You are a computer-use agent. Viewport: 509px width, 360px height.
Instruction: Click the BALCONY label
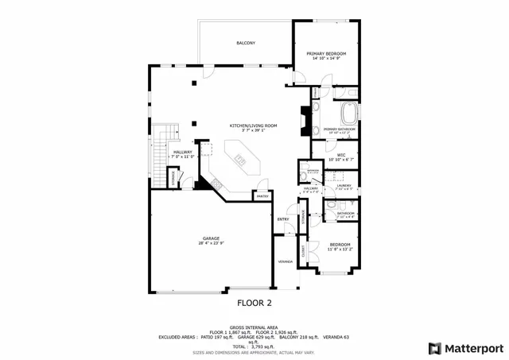click(246, 43)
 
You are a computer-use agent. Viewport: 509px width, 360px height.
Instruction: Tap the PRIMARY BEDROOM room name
click(326, 53)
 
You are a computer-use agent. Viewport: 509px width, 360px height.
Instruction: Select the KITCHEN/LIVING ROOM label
click(253, 126)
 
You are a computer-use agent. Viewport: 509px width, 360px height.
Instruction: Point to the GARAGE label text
click(211, 238)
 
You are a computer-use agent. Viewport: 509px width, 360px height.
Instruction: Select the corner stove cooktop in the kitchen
click(216, 184)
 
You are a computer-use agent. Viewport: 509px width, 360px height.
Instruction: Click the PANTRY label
click(262, 195)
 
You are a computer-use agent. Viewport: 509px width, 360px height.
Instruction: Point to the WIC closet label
click(340, 154)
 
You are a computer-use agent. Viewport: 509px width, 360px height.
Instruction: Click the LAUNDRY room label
click(344, 185)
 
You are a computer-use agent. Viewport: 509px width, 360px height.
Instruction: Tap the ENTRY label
click(282, 219)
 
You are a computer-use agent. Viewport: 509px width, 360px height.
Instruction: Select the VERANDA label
click(285, 261)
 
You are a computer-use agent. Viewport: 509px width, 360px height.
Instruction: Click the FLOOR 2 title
click(254, 303)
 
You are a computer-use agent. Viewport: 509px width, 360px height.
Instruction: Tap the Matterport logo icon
click(433, 348)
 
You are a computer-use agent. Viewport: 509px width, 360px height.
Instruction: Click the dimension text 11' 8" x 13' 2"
click(340, 250)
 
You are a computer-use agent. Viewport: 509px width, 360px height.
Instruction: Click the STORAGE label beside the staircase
click(172, 178)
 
